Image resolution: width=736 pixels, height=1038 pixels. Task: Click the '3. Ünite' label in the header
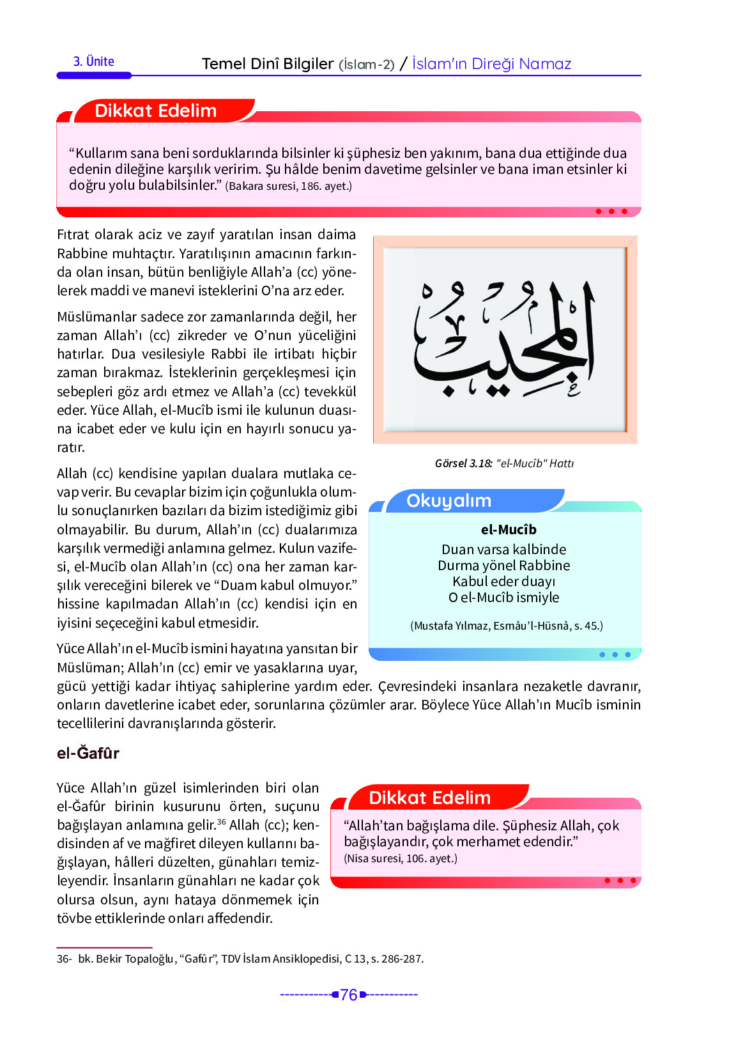(x=93, y=62)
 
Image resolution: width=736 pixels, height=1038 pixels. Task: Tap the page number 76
(x=349, y=995)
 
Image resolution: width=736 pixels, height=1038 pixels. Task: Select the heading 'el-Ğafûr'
(x=88, y=753)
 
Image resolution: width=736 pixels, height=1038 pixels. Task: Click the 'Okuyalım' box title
(x=448, y=500)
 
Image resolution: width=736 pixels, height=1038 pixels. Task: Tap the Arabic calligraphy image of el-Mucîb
(x=505, y=339)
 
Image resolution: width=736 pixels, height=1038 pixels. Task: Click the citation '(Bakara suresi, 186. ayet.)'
(x=288, y=186)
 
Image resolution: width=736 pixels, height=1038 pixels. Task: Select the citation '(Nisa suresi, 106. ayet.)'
(x=401, y=858)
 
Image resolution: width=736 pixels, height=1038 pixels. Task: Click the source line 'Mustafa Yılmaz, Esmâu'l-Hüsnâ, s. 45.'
(x=506, y=625)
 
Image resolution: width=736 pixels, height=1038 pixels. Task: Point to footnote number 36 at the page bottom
(x=63, y=959)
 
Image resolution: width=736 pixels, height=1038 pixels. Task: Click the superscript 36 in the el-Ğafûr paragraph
(x=221, y=822)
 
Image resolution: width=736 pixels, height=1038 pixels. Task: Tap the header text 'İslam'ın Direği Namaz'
(x=491, y=64)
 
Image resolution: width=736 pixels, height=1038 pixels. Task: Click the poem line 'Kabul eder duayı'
(x=503, y=581)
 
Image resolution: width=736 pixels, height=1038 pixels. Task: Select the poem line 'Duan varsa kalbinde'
(x=503, y=549)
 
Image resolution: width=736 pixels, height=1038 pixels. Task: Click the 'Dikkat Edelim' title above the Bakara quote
(x=155, y=111)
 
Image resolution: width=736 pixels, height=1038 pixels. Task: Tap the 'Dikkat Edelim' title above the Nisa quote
(x=429, y=798)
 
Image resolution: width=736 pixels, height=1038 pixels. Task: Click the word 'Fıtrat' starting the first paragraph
(x=73, y=235)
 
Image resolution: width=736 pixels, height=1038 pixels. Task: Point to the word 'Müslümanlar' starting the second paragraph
(x=96, y=317)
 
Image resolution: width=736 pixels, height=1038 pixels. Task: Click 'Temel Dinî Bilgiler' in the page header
(x=268, y=64)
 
